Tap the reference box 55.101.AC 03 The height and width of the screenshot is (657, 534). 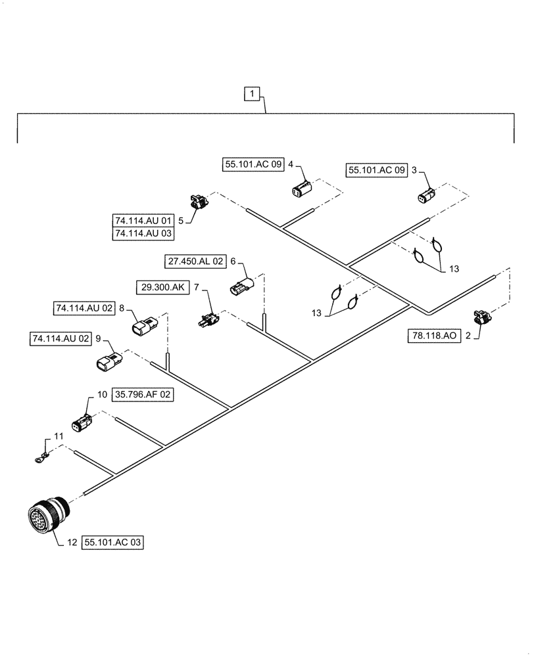click(112, 543)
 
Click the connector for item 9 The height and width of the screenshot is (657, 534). click(108, 361)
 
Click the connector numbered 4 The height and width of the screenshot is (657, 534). click(303, 189)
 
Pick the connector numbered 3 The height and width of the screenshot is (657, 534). click(424, 195)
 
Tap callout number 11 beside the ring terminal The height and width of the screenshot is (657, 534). click(59, 436)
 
